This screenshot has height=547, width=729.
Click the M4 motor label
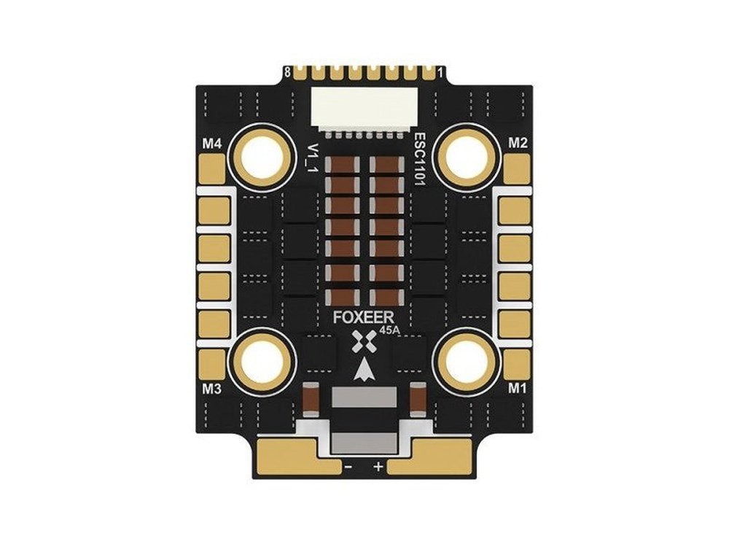[211, 144]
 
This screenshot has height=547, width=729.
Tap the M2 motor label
[518, 143]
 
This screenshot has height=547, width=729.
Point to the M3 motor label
[211, 389]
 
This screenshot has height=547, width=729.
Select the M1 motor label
[516, 388]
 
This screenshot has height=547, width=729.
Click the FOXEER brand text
[364, 318]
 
